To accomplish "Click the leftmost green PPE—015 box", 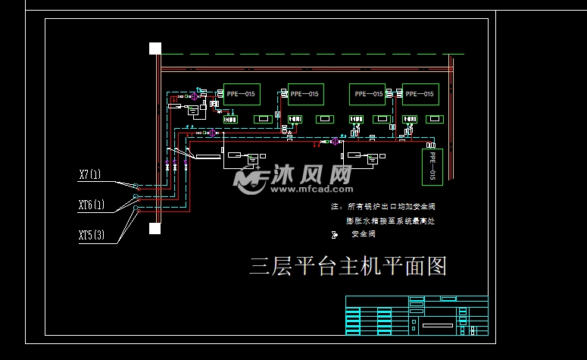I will (x=241, y=94).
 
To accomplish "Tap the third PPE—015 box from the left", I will (x=367, y=94).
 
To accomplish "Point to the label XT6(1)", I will (x=91, y=205).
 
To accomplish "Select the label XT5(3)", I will (x=91, y=234).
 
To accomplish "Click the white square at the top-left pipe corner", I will (x=155, y=49).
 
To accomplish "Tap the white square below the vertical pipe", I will (x=155, y=228).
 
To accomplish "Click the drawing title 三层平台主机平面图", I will (x=348, y=266).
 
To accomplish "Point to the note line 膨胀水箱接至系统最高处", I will (x=391, y=221).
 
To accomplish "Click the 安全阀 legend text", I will (x=364, y=234).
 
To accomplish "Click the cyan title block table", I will (x=416, y=315).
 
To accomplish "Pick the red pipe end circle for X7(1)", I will (x=136, y=186).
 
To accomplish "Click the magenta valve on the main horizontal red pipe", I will (x=334, y=141).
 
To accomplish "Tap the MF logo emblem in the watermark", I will (x=250, y=180).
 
